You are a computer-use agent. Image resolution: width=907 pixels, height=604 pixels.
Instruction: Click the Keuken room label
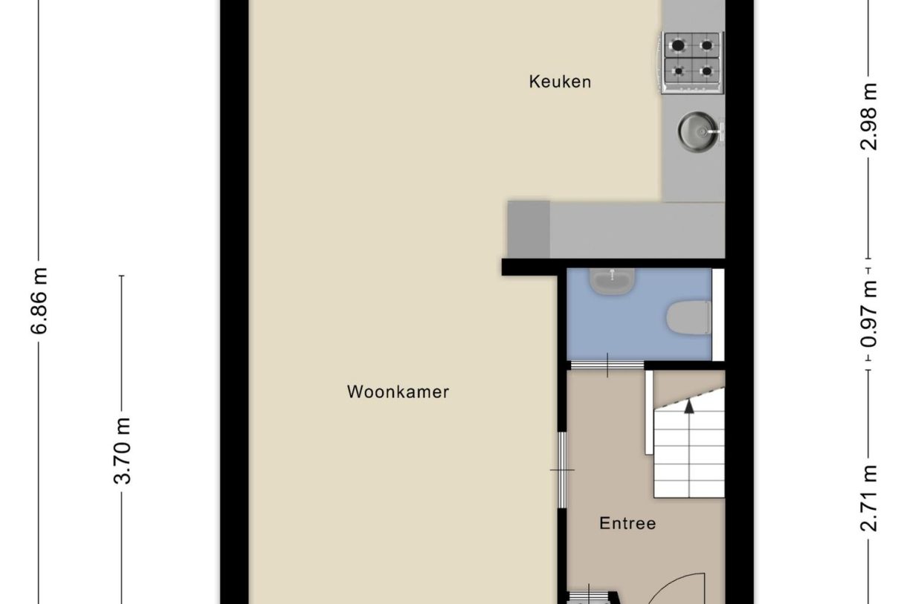pyautogui.click(x=560, y=82)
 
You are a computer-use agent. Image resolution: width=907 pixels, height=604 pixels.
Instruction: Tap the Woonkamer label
pyautogui.click(x=398, y=392)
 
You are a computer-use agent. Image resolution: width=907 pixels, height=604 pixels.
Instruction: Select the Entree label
pyautogui.click(x=627, y=524)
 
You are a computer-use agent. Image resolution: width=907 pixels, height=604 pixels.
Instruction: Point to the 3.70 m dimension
pyautogui.click(x=123, y=450)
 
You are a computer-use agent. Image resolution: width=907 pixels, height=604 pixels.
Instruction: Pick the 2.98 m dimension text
pyautogui.click(x=869, y=117)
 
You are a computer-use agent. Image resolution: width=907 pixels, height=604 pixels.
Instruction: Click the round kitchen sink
pyautogui.click(x=697, y=131)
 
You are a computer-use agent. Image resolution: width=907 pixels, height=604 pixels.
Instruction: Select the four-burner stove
pyautogui.click(x=691, y=62)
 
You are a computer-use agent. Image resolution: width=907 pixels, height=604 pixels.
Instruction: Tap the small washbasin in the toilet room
pyautogui.click(x=612, y=281)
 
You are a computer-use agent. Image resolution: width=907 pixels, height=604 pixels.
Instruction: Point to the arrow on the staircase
pyautogui.click(x=688, y=406)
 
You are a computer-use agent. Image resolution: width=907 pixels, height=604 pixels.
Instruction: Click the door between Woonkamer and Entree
pyautogui.click(x=563, y=470)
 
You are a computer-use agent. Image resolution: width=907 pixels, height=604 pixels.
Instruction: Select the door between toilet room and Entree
pyautogui.click(x=607, y=364)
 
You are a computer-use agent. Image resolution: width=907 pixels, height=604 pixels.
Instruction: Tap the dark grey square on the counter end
pyautogui.click(x=528, y=229)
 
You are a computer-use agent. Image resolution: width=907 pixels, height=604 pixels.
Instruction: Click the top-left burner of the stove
pyautogui.click(x=677, y=45)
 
